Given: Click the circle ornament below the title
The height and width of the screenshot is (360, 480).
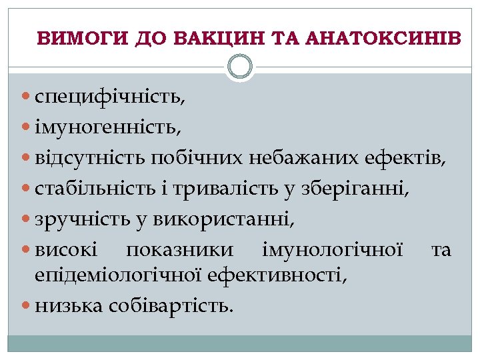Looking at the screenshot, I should [x=240, y=67].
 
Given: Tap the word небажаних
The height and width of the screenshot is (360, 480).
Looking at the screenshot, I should [x=305, y=159].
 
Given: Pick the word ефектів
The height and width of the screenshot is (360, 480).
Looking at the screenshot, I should [x=405, y=159].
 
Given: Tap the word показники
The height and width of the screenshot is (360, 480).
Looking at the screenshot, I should [x=180, y=250].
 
